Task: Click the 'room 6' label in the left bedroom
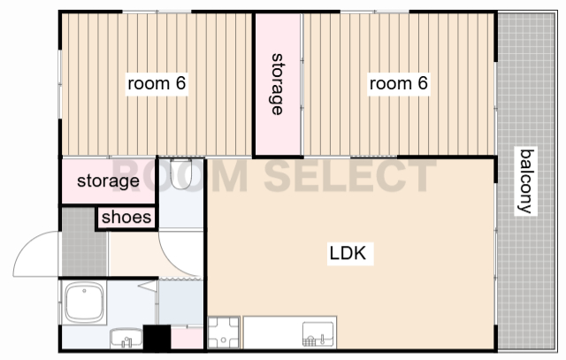157,84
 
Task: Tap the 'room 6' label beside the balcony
399,84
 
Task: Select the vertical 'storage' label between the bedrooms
277,84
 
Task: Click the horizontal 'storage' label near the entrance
108,180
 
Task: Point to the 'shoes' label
126,218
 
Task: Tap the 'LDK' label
348,253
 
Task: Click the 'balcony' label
526,181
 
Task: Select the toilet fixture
180,173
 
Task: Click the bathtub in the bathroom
84,303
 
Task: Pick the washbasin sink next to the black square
126,339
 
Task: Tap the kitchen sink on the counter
318,334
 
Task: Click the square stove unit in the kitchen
224,333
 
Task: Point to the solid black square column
157,338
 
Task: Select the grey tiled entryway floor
84,242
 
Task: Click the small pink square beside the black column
187,339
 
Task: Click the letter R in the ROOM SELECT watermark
127,176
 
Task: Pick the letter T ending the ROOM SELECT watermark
422,176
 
